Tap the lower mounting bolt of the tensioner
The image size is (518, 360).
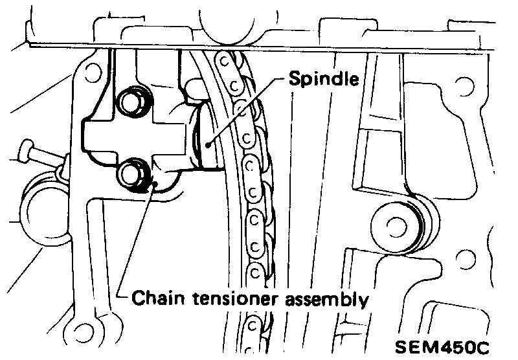[133, 174]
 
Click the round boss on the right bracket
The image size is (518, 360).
[394, 224]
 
